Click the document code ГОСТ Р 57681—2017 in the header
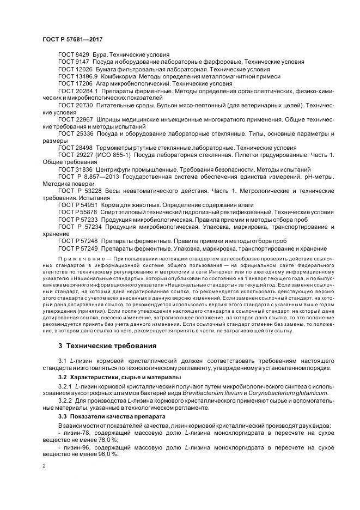72,40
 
